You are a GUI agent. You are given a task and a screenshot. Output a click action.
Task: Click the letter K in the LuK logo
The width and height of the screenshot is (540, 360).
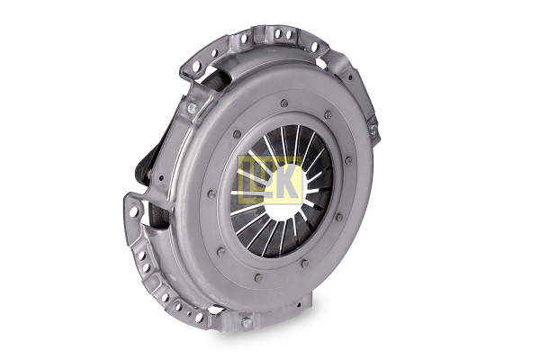(288, 181)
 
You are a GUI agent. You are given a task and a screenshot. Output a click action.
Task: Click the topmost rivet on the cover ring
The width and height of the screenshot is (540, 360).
(284, 103)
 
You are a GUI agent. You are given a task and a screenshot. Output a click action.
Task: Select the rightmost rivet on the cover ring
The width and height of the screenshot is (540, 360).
(348, 160)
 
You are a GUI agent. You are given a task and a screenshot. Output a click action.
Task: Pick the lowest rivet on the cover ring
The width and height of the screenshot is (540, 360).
(258, 278)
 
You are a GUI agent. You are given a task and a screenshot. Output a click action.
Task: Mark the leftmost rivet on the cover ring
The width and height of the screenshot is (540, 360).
(211, 194)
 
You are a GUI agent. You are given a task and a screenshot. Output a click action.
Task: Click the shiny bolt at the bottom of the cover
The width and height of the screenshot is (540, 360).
(247, 323)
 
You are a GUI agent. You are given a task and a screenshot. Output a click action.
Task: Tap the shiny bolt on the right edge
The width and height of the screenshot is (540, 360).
(373, 130)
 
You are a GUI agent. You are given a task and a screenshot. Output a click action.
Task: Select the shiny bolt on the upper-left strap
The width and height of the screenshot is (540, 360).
(192, 108)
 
